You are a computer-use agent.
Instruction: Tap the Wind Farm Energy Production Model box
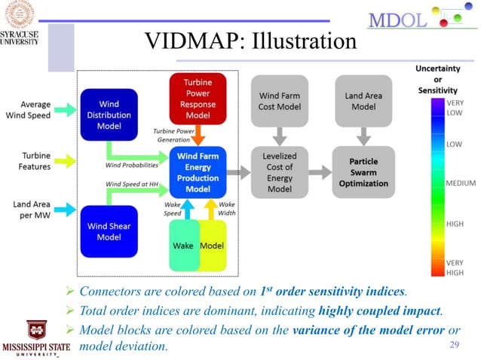[x=199, y=172]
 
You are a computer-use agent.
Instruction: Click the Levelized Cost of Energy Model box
[x=280, y=172]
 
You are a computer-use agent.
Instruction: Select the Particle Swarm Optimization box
[x=363, y=172]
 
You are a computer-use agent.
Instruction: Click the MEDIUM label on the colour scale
[x=462, y=183]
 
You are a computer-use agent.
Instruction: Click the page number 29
[x=455, y=345]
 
